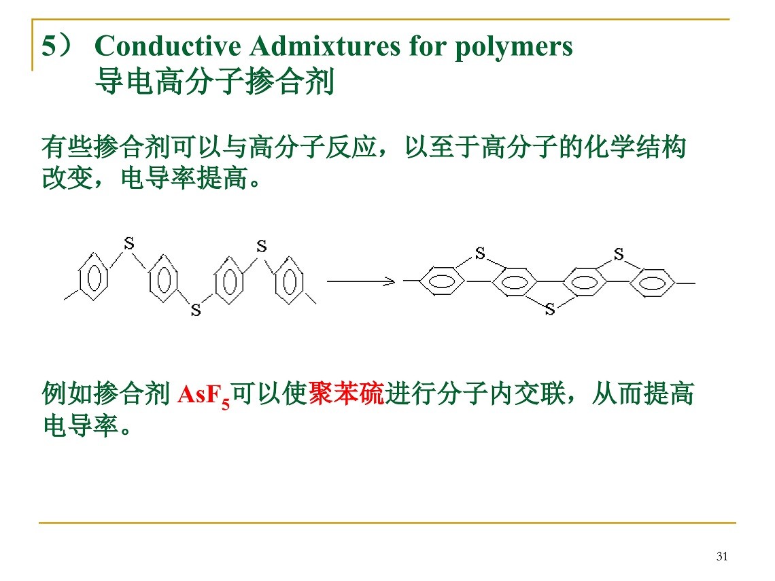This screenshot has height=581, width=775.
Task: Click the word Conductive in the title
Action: click(167, 46)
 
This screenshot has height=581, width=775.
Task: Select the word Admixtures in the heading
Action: click(325, 46)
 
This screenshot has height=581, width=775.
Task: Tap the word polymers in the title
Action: click(513, 48)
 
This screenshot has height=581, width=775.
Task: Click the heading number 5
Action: click(50, 46)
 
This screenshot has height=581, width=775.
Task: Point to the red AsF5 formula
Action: click(204, 395)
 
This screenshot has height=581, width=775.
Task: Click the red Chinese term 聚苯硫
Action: click(346, 393)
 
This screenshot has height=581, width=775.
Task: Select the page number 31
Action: click(721, 557)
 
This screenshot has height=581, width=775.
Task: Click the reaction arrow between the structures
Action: click(361, 281)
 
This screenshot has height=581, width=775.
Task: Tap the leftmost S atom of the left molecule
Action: click(129, 243)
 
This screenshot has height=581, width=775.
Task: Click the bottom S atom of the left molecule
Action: click(196, 311)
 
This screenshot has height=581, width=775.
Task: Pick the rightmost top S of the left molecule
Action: click(262, 245)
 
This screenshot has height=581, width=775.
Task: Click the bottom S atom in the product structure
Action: click(550, 309)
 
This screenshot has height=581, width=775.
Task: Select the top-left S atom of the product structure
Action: click(480, 253)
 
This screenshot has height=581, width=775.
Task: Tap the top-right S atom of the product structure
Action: click(619, 254)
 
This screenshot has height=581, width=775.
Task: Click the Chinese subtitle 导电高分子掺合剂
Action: click(215, 82)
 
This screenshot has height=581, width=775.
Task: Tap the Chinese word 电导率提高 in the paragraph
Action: click(184, 178)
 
